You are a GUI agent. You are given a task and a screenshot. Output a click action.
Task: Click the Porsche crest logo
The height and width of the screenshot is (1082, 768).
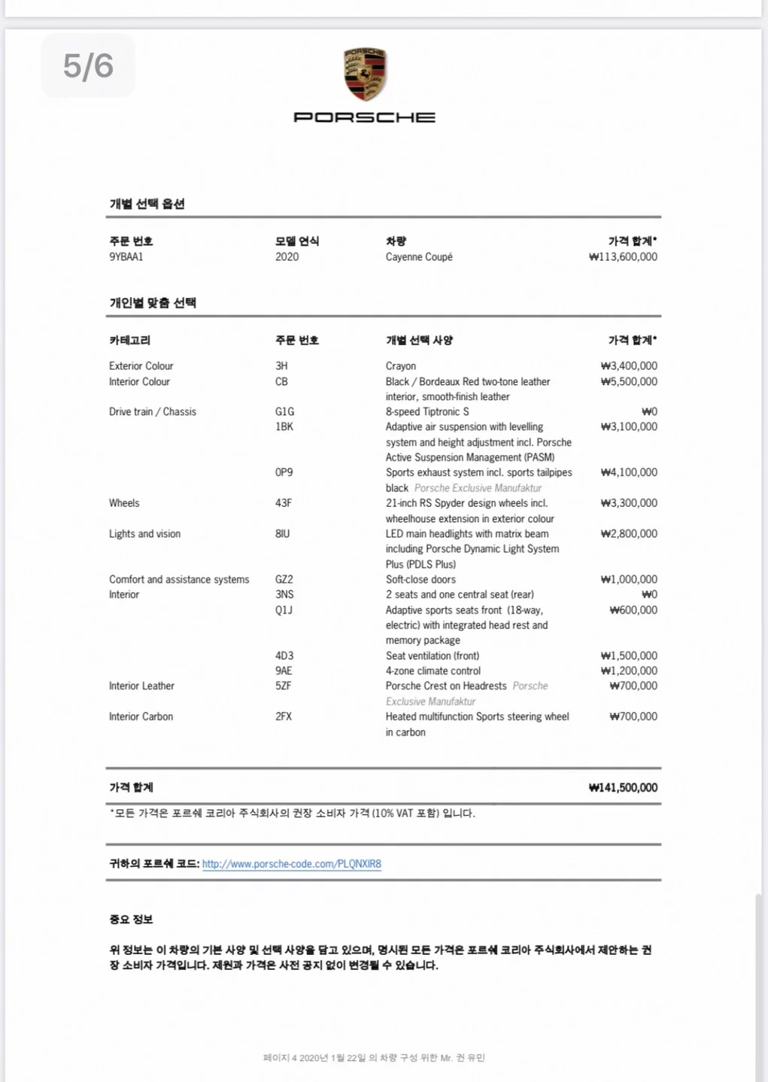click(365, 74)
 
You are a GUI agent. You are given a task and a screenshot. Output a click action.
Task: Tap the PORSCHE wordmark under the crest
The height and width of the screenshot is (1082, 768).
click(365, 117)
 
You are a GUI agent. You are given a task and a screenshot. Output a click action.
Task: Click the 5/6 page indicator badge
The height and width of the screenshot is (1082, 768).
click(88, 66)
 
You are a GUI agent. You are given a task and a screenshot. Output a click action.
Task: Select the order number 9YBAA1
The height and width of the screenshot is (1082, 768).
click(126, 257)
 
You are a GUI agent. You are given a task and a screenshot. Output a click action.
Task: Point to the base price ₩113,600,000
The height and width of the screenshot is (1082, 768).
click(623, 257)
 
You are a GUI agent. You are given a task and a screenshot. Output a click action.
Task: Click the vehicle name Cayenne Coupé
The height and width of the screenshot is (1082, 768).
click(419, 257)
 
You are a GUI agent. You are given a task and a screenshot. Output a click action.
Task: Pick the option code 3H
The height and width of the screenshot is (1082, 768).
click(281, 366)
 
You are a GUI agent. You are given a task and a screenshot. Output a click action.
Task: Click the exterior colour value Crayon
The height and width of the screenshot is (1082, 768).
click(401, 366)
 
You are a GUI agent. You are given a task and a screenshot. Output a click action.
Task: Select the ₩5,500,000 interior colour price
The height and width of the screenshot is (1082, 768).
click(629, 382)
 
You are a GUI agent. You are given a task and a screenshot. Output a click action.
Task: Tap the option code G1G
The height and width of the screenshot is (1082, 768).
click(284, 412)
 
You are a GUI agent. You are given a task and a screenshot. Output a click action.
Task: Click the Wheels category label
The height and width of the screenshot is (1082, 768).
click(124, 504)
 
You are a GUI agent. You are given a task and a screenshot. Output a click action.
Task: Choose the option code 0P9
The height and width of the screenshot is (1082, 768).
click(284, 473)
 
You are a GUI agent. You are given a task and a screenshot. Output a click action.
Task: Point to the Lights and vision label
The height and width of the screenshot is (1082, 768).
click(144, 534)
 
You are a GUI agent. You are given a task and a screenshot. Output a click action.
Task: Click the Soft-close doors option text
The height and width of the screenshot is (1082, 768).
click(420, 580)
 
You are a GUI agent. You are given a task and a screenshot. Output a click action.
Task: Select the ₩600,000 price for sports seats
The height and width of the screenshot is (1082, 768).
click(633, 611)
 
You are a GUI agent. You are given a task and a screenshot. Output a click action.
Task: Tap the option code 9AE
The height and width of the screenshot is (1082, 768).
click(284, 671)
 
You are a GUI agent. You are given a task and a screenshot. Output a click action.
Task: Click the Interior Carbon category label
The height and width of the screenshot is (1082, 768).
click(141, 717)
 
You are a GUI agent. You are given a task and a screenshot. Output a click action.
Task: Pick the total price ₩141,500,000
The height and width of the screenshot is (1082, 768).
click(623, 788)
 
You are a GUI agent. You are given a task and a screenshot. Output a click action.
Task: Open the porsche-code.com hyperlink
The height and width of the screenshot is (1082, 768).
click(292, 865)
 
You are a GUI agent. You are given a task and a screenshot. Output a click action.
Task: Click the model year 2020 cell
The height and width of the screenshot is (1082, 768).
click(287, 257)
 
